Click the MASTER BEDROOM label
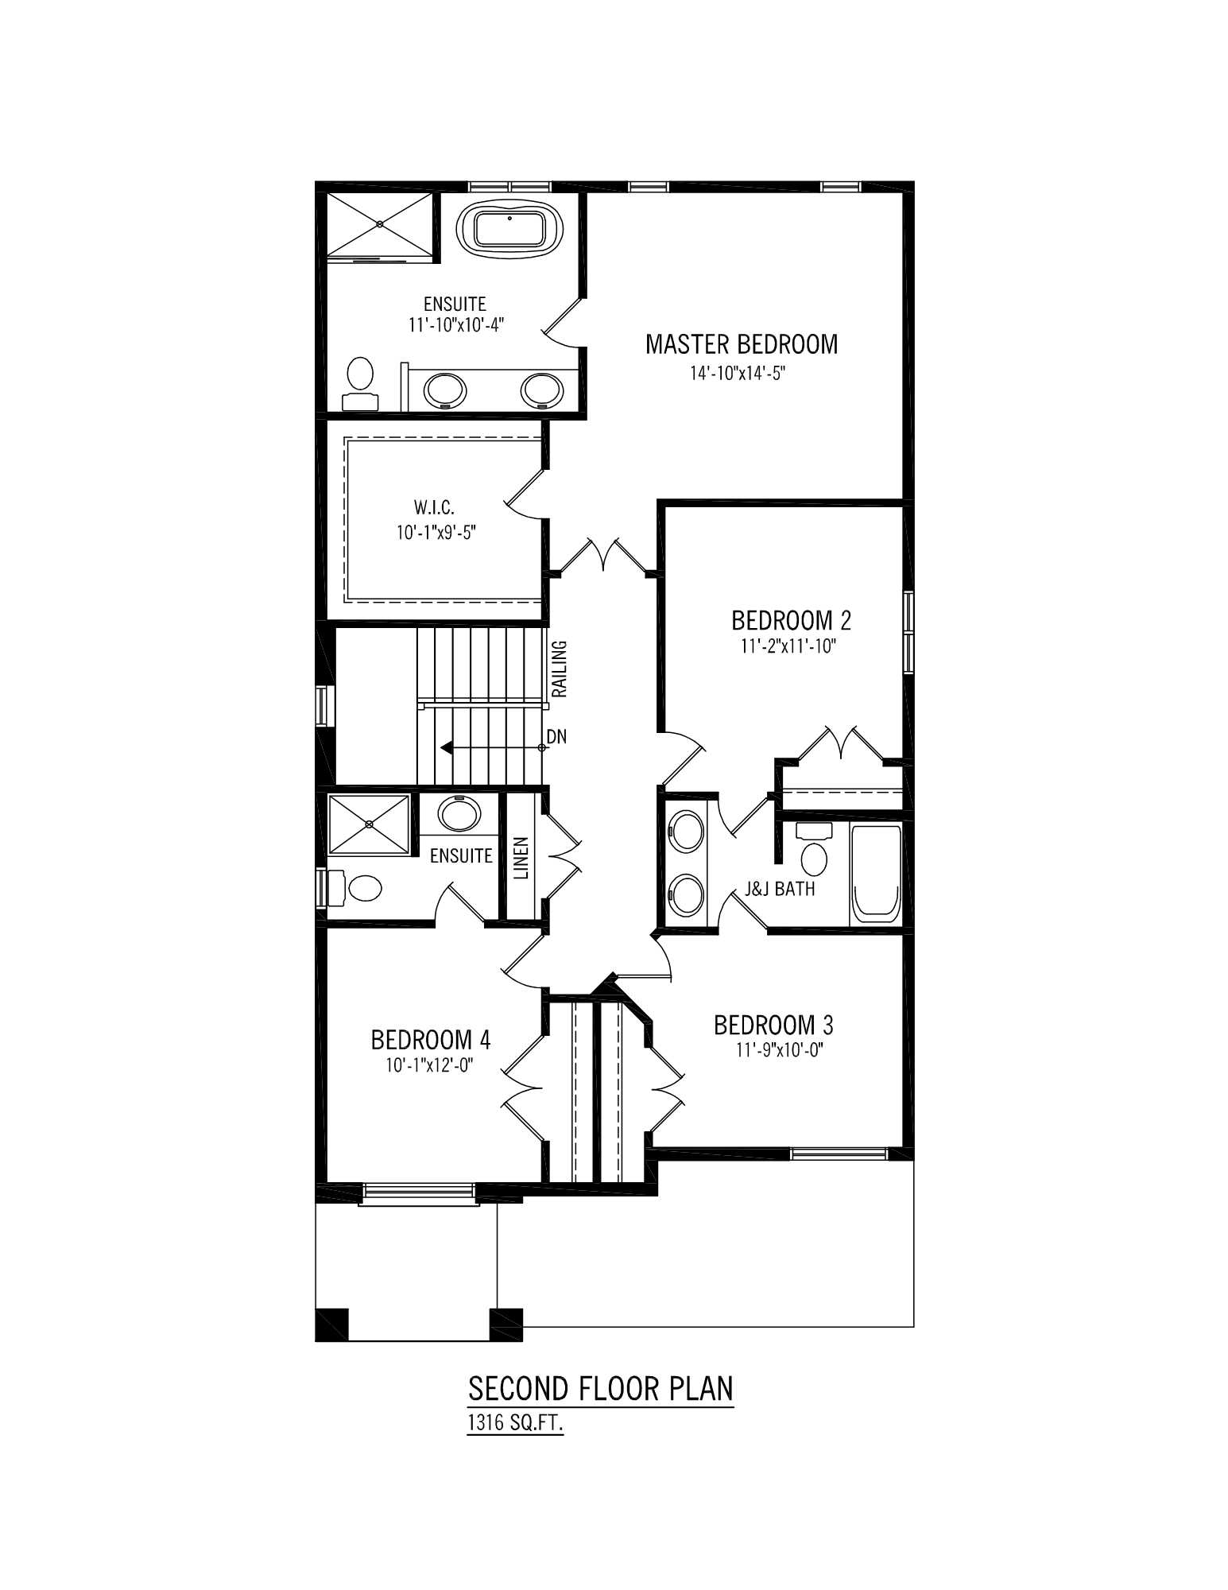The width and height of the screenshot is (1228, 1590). (742, 344)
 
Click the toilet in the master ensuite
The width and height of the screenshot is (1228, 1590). (360, 384)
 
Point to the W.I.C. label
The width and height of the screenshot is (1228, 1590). (434, 506)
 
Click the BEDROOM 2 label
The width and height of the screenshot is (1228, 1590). (792, 619)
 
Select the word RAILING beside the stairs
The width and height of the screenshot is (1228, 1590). (560, 668)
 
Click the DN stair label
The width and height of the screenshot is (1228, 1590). (556, 737)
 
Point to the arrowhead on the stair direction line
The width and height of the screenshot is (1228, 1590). (446, 747)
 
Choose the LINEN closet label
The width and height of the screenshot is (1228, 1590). (521, 858)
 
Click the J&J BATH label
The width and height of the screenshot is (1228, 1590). (780, 888)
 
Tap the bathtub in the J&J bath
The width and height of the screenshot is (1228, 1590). (876, 874)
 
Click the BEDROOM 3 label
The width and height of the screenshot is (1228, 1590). (773, 1025)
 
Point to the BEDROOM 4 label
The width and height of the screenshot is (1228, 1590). (431, 1039)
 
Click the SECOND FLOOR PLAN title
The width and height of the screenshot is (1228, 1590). (601, 1388)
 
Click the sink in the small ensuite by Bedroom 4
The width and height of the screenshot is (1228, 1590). (459, 814)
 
